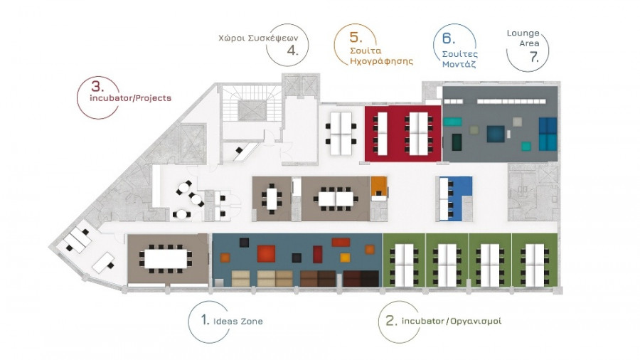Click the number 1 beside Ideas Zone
pyautogui.click(x=205, y=320)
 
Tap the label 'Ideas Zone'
pyautogui.click(x=238, y=321)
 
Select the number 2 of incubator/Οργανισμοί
pyautogui.click(x=391, y=321)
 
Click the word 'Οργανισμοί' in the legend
pyautogui.click(x=476, y=321)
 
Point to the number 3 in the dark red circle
pyautogui.click(x=97, y=87)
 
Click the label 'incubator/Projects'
pyautogui.click(x=131, y=98)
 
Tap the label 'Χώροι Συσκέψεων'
pyautogui.click(x=258, y=38)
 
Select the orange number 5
pyautogui.click(x=356, y=37)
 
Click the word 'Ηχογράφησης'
pyautogui.click(x=382, y=62)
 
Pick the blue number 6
pyautogui.click(x=448, y=38)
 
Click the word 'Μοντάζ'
pyautogui.click(x=459, y=64)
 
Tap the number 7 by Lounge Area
pyautogui.click(x=534, y=57)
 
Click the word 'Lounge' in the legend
pyautogui.click(x=523, y=33)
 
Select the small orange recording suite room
pyautogui.click(x=378, y=186)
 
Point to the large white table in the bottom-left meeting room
pyautogui.click(x=166, y=259)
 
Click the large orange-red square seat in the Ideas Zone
pyautogui.click(x=266, y=253)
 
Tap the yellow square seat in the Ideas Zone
pyautogui.click(x=345, y=258)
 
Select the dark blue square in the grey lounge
pyautogui.click(x=496, y=134)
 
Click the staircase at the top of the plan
pyautogui.click(x=252, y=103)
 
